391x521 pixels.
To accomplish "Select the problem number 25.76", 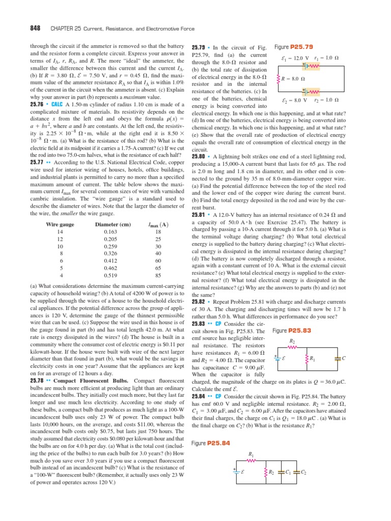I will [x=39, y=104].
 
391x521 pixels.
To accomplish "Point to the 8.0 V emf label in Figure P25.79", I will [x=296, y=100].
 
